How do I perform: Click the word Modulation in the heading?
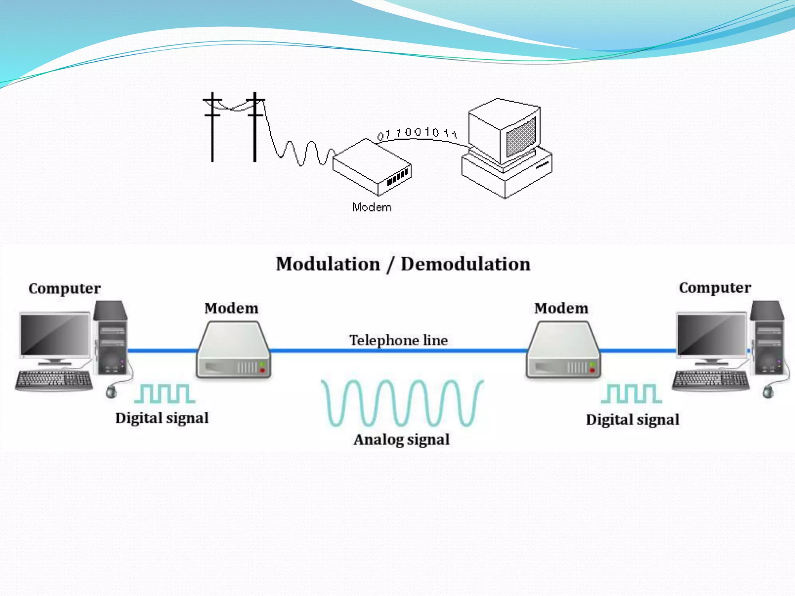(328, 264)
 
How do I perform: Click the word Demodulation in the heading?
(465, 264)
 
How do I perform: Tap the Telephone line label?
(398, 340)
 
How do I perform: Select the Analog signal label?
(401, 440)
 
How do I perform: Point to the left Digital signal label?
(162, 418)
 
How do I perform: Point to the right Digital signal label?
(632, 419)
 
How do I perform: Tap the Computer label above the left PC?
(64, 288)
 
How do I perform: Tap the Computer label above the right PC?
(715, 288)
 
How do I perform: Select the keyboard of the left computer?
(54, 380)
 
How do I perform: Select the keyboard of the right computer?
(710, 380)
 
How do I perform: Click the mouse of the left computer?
(111, 392)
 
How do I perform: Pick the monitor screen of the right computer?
(711, 334)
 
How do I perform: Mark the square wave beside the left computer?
(165, 393)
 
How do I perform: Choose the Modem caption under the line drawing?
(372, 207)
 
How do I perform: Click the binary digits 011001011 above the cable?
(417, 133)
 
